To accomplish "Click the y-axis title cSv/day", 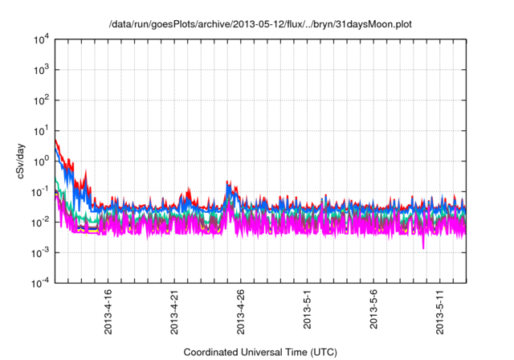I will tap(22, 161).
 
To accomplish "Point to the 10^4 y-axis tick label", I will tap(40, 39).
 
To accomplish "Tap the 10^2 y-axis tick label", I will tap(40, 100).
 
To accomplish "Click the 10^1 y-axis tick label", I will tap(40, 130).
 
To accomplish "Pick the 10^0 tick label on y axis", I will tap(40, 161).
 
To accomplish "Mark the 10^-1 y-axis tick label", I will tap(40, 191).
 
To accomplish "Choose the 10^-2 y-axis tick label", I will tap(40, 222).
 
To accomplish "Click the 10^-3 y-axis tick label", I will tap(40, 252).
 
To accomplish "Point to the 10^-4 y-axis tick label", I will tap(40, 282).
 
